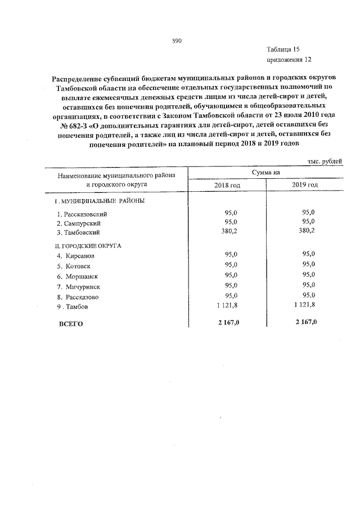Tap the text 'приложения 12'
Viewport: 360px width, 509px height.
[289, 59]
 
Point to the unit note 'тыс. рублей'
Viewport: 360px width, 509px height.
[323, 161]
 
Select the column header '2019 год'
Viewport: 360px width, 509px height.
[304, 185]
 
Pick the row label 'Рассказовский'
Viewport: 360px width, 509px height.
[85, 214]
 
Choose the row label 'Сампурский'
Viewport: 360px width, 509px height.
[82, 223]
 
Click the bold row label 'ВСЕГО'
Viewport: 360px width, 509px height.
[71, 323]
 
